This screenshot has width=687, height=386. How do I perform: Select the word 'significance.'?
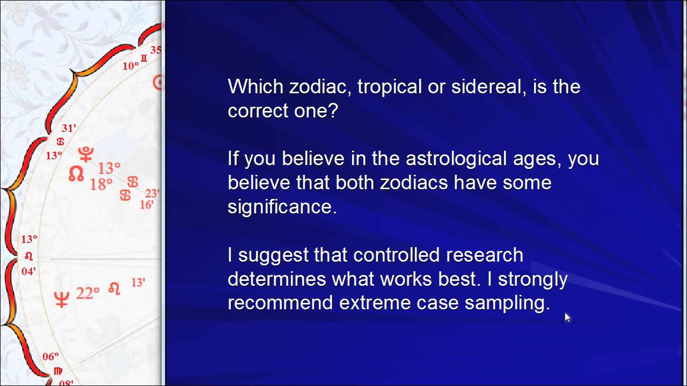click(x=282, y=207)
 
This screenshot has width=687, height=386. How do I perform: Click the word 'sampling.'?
click(x=507, y=303)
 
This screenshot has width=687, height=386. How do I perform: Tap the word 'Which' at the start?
click(x=255, y=87)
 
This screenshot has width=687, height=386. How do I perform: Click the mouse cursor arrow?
click(x=567, y=317)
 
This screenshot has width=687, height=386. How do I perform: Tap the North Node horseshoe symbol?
click(x=76, y=173)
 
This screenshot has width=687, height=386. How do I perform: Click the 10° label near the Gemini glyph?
click(x=130, y=66)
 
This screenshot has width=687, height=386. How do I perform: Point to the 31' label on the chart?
click(x=69, y=128)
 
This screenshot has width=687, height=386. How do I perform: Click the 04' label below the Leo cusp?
click(x=28, y=271)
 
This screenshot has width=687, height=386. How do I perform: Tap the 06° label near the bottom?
click(x=50, y=357)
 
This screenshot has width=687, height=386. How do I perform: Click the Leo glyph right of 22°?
click(x=114, y=289)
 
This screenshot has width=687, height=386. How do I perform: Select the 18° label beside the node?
click(x=100, y=184)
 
